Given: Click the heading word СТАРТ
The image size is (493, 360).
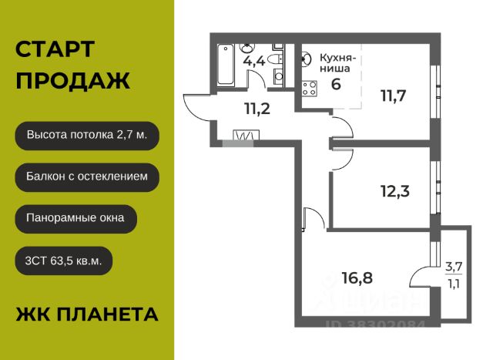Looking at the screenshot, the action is (55, 49).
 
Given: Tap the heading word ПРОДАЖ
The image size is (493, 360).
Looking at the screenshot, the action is (72, 80).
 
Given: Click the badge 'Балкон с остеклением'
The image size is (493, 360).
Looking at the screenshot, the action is (87, 177).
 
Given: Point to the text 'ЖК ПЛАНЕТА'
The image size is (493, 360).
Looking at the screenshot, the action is (87, 314).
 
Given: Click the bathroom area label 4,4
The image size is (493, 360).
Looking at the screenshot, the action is (254, 61).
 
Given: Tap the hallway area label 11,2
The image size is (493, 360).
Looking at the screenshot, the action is (257, 109).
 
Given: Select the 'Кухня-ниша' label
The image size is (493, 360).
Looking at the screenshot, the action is (336, 62).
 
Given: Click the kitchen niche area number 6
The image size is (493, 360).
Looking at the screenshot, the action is (335, 84).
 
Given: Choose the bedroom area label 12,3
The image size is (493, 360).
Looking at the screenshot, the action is (393, 188).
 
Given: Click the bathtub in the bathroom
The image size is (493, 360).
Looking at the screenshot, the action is (226, 65).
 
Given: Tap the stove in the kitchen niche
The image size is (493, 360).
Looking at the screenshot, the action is (310, 88).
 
